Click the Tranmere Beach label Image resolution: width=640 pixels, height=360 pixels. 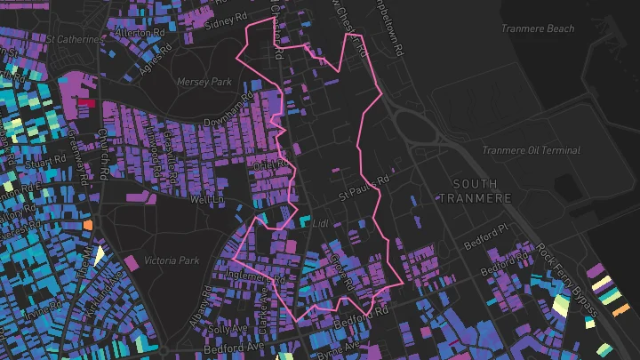[537, 29]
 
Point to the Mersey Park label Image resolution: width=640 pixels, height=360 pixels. [204, 82]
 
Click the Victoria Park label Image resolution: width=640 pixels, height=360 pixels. [172, 261]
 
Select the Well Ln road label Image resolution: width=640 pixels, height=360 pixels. [205, 200]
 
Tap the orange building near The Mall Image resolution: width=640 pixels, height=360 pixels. [87, 225]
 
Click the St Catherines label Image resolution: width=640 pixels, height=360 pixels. [75, 39]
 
